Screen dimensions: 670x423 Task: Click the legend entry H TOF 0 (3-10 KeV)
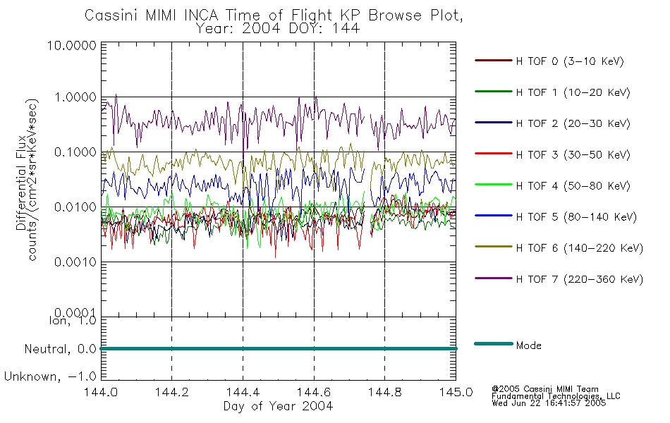pos(570,61)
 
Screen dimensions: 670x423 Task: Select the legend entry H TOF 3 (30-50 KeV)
pos(573,154)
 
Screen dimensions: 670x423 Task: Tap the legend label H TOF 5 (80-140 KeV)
pos(576,217)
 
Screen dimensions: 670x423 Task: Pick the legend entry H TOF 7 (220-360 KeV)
pos(579,279)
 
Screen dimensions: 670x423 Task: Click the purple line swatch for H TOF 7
pos(494,278)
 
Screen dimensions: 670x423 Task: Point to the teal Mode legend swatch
pos(494,343)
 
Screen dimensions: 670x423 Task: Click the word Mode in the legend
pos(528,345)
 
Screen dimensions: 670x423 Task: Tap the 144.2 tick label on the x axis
pos(172,392)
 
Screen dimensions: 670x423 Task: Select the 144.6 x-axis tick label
pos(314,392)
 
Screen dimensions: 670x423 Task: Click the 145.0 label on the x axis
pos(456,392)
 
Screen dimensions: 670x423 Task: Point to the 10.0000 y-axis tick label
pos(71,45)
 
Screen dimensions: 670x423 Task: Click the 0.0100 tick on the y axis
pos(75,207)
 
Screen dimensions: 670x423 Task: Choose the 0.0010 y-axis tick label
pos(75,262)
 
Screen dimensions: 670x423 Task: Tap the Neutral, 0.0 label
pos(60,349)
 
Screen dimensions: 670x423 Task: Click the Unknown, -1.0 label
pos(50,376)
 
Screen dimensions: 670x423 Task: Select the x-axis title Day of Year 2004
pos(278,406)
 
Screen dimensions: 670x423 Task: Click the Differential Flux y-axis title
pos(21,183)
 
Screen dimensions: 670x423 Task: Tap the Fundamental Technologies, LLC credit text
pos(556,396)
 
